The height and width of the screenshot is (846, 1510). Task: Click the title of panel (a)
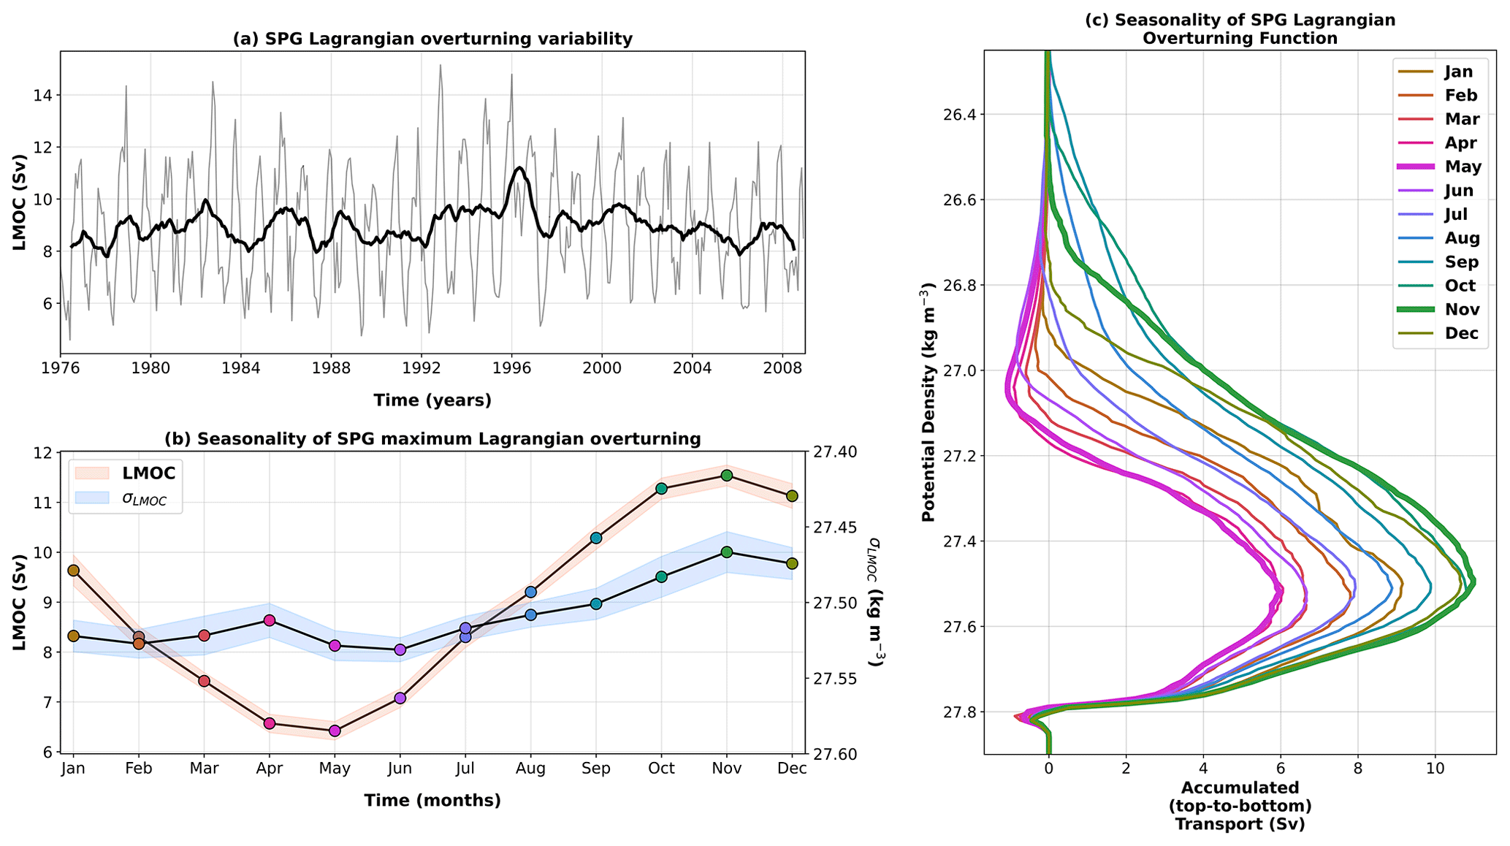[x=432, y=39]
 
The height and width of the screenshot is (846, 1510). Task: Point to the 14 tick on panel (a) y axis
[x=41, y=96]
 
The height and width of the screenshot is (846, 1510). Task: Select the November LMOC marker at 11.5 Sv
[x=726, y=476]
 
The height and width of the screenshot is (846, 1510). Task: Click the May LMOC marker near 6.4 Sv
[x=335, y=731]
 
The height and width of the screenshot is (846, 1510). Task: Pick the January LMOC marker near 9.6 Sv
[x=73, y=571]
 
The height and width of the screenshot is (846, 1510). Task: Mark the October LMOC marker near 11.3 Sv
[x=661, y=489]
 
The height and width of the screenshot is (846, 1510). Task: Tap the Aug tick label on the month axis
[x=530, y=769]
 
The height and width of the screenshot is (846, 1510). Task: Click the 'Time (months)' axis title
[x=432, y=801]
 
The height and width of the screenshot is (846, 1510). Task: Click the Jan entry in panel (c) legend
[x=1458, y=72]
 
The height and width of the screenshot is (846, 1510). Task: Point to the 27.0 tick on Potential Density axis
[x=956, y=371]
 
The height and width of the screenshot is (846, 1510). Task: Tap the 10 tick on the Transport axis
[x=1435, y=769]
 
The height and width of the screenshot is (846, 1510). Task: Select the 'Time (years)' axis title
[x=432, y=400]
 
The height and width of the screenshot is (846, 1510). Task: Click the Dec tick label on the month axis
[x=792, y=769]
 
